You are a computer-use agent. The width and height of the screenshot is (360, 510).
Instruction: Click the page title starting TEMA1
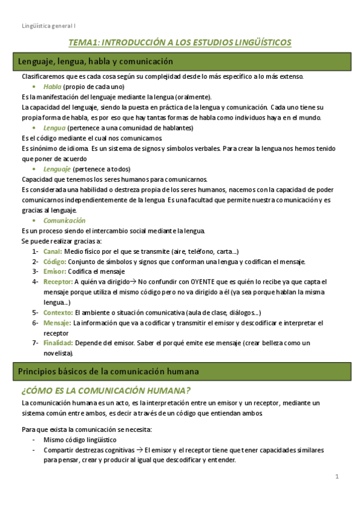click(180, 42)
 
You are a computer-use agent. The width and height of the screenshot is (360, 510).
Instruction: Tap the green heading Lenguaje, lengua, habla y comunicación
click(96, 61)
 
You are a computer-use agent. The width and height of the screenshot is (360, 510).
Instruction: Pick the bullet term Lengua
click(55, 127)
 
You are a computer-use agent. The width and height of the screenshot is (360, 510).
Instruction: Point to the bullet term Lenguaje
click(57, 169)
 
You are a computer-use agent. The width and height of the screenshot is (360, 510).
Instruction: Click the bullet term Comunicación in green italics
click(64, 220)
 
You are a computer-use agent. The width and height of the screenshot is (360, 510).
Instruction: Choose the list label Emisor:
click(54, 271)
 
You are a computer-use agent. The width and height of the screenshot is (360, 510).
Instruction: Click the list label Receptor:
click(58, 281)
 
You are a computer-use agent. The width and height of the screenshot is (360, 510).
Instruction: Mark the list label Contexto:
click(58, 312)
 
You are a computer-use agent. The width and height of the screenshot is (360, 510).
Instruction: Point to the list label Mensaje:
click(57, 323)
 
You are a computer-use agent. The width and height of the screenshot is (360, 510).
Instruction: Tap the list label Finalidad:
click(58, 343)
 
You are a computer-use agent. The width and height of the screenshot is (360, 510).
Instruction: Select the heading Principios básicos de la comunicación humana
click(109, 371)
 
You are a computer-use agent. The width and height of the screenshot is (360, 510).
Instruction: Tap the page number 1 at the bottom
click(338, 477)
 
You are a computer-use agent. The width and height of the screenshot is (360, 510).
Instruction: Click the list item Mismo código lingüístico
click(80, 440)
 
